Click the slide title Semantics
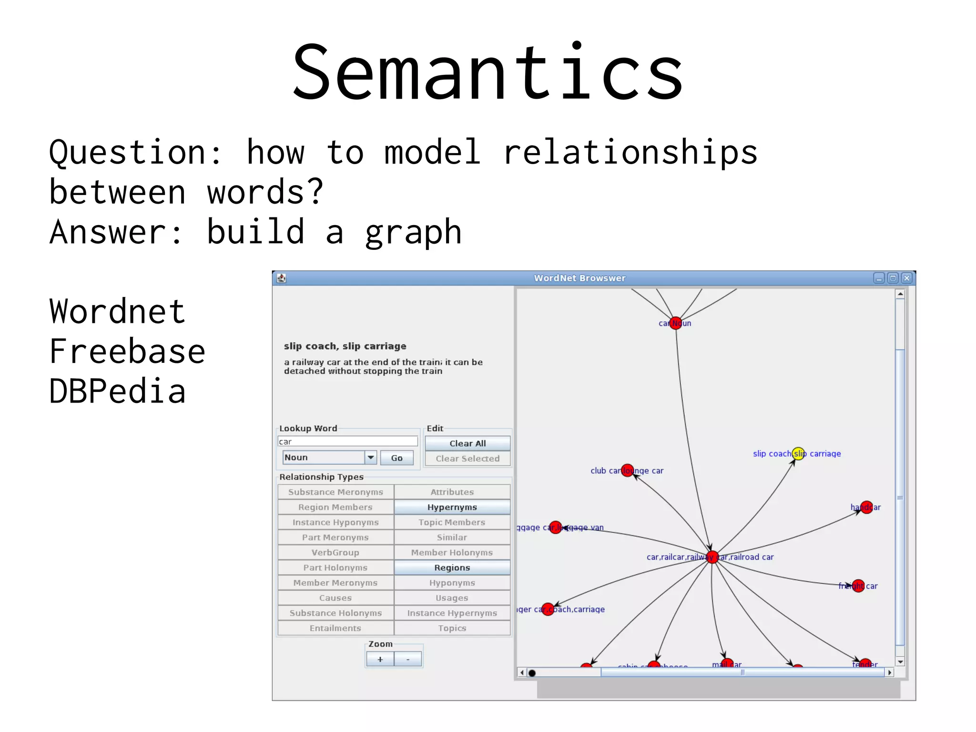pyautogui.click(x=488, y=72)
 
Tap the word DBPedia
pyautogui.click(x=117, y=392)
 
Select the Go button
pyautogui.click(x=396, y=458)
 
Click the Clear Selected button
pyautogui.click(x=468, y=459)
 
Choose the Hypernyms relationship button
pyautogui.click(x=452, y=507)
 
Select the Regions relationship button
pyautogui.click(x=452, y=567)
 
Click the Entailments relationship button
pyautogui.click(x=335, y=628)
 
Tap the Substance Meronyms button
pyautogui.click(x=335, y=492)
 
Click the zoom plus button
pyautogui.click(x=380, y=660)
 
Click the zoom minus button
pyautogui.click(x=408, y=660)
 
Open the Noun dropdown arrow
pyautogui.click(x=371, y=457)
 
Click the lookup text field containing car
pyautogui.click(x=348, y=442)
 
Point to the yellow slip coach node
pyautogui.click(x=798, y=454)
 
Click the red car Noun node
pyautogui.click(x=675, y=323)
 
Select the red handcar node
pyautogui.click(x=866, y=507)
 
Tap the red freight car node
pyautogui.click(x=858, y=586)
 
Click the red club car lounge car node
pyautogui.click(x=628, y=470)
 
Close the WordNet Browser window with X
pyautogui.click(x=907, y=278)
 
